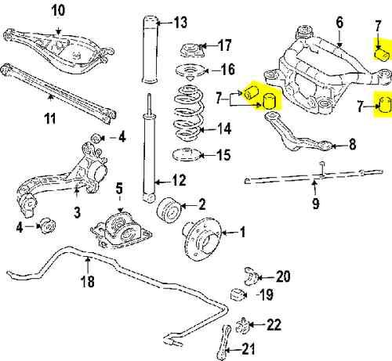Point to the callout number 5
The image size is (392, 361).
(x=119, y=188)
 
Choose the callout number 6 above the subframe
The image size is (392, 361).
(x=339, y=24)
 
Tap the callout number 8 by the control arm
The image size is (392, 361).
(x=350, y=144)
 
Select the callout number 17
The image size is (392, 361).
(x=223, y=45)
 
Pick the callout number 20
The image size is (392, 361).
(x=283, y=276)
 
